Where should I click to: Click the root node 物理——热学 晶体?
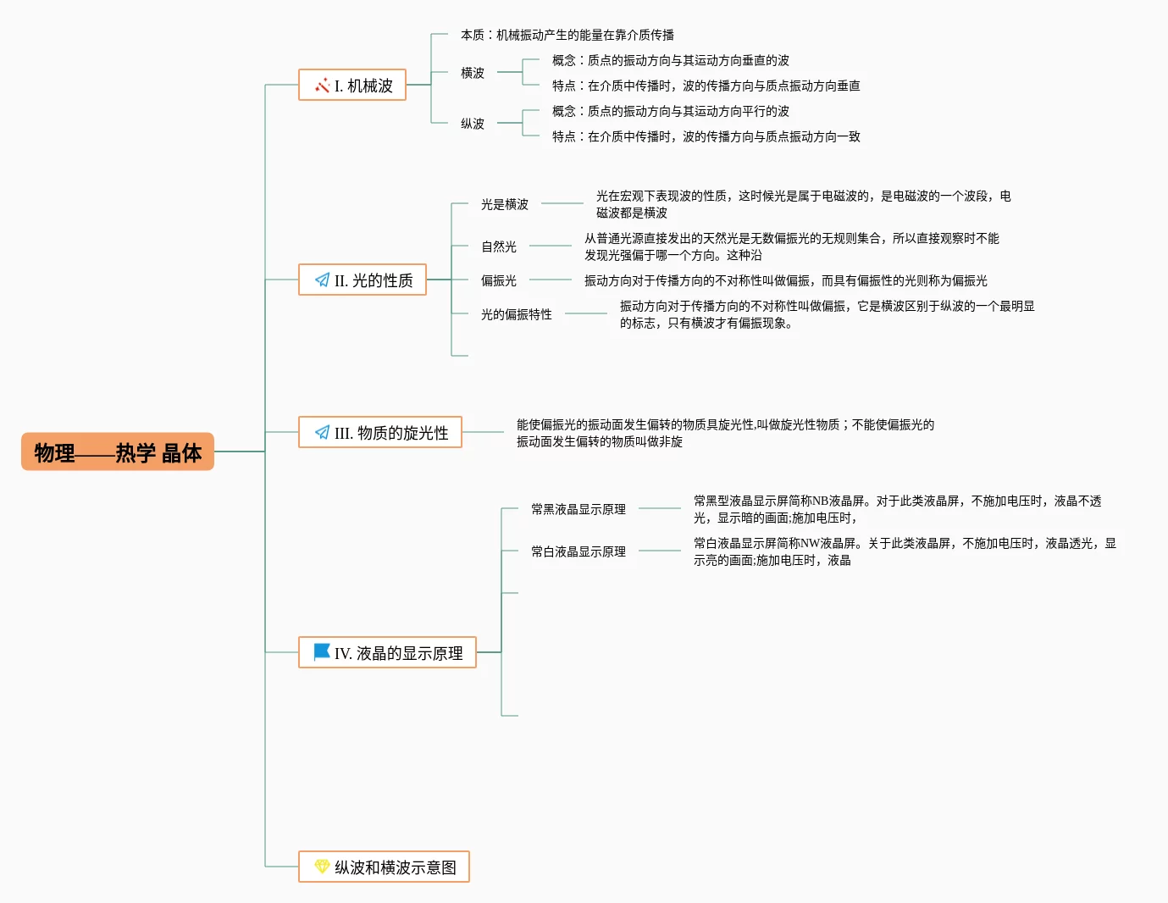tap(118, 452)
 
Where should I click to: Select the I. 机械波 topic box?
tap(352, 85)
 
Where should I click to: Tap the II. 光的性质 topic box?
tap(363, 280)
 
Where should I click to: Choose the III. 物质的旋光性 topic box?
tap(380, 432)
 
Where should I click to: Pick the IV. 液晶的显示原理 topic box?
tap(387, 652)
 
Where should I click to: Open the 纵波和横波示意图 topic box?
tap(384, 867)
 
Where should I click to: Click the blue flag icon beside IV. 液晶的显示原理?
tap(322, 651)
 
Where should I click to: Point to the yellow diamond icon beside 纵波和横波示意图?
tap(322, 867)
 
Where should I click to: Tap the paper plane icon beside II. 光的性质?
tap(322, 280)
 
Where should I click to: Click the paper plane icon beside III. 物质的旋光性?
tap(322, 432)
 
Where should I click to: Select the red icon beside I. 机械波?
tap(322, 85)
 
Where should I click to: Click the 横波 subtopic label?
tap(473, 73)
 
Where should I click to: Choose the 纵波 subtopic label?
tap(473, 124)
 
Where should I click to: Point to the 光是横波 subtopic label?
tap(505, 204)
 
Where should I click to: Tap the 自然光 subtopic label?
tap(499, 247)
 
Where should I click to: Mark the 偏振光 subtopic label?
tap(499, 280)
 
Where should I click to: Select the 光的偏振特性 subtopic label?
tap(517, 314)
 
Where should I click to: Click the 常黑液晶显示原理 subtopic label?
tap(578, 509)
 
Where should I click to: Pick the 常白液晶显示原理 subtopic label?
tap(578, 551)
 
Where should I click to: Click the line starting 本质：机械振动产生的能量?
tap(567, 35)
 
